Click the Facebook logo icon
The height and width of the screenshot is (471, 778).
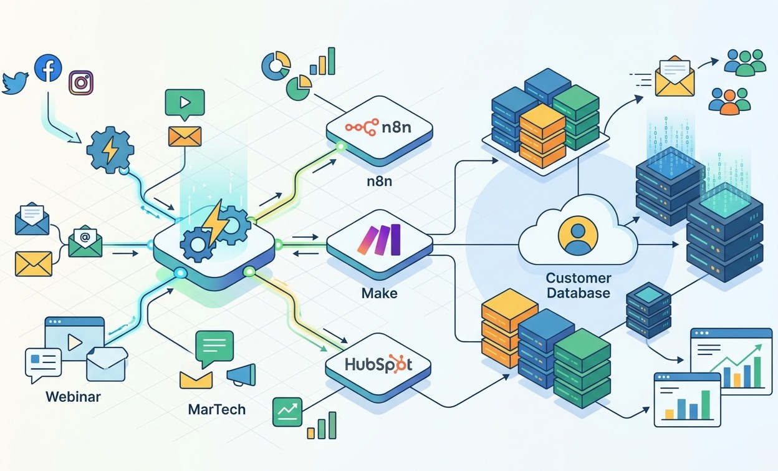48,68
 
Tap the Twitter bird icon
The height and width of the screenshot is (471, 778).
15,83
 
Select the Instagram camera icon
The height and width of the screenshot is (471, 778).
81,83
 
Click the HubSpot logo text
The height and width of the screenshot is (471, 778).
378,364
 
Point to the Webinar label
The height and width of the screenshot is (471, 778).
74,397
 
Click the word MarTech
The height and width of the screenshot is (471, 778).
217,409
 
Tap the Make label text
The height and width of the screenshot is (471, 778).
379,293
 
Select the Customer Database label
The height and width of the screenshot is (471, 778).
579,285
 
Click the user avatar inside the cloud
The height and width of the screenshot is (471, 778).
578,236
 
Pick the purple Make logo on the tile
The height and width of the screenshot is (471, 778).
379,240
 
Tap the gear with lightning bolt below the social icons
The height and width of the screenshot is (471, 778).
110,150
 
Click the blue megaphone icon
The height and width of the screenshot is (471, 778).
241,375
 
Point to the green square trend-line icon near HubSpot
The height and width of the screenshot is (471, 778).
287,412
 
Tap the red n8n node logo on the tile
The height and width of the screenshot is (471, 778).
362,127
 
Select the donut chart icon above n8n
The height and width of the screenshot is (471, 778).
276,66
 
